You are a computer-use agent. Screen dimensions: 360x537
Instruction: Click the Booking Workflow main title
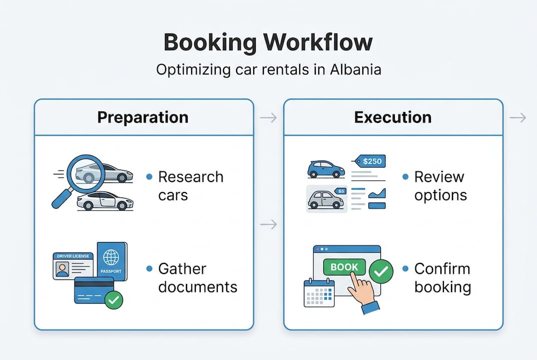point(268,42)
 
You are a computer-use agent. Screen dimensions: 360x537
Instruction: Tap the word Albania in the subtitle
point(355,69)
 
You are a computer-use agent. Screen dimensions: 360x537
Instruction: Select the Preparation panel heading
point(143,117)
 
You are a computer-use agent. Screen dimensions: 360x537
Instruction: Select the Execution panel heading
point(393,117)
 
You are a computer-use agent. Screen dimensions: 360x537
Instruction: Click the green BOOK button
point(344,267)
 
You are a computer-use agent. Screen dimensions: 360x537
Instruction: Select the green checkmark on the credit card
point(114,300)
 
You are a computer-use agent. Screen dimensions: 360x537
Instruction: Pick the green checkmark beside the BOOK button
point(381,272)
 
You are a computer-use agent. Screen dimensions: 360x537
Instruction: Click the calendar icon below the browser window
point(319,293)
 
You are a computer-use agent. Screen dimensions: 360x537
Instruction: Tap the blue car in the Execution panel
point(326,169)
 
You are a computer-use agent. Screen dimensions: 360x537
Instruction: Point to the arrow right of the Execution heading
point(518,118)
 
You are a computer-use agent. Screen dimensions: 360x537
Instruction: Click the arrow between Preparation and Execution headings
point(268,118)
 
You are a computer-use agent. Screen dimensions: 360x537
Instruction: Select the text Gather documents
point(197,278)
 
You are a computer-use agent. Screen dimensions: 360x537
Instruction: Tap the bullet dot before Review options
point(405,177)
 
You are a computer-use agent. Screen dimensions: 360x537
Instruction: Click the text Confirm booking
point(442,278)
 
